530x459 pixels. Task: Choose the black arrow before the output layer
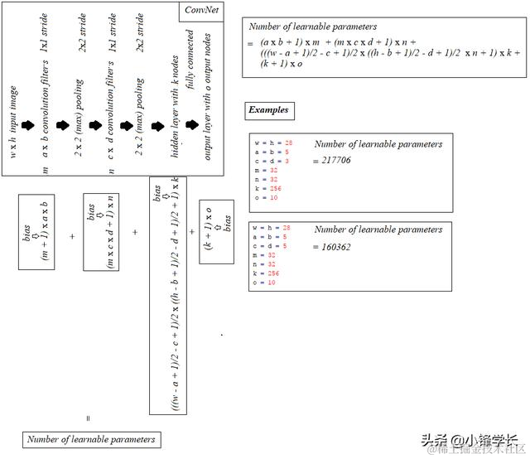point(192,125)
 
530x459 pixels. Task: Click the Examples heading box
point(269,110)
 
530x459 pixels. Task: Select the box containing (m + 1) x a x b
point(36,232)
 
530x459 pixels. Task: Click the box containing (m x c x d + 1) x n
point(104,233)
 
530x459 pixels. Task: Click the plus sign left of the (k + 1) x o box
point(191,233)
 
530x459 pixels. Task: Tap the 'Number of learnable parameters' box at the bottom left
point(90,439)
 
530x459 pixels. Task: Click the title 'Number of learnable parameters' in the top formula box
point(312,27)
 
